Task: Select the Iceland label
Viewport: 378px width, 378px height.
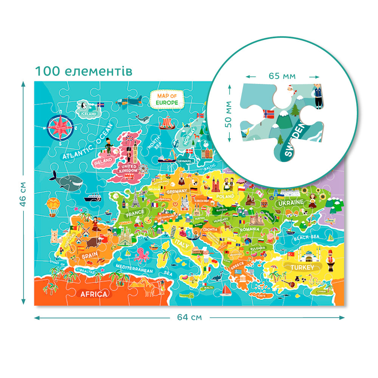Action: [87, 113]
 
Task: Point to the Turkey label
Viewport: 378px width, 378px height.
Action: [302, 268]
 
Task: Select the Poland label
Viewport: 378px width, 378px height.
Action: [225, 197]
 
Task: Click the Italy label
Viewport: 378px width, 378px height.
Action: [182, 245]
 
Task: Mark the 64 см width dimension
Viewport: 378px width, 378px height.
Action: [189, 317]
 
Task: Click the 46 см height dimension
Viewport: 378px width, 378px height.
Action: [23, 193]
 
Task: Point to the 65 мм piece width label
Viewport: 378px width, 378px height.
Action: [282, 76]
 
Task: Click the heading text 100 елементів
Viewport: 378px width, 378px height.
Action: [84, 71]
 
